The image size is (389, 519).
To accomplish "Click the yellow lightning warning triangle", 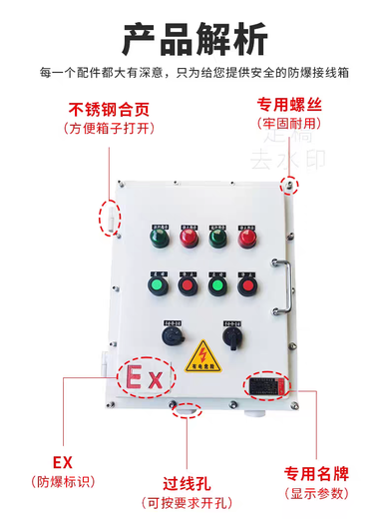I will click(204, 354).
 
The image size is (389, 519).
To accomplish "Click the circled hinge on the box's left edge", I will click(109, 214).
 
